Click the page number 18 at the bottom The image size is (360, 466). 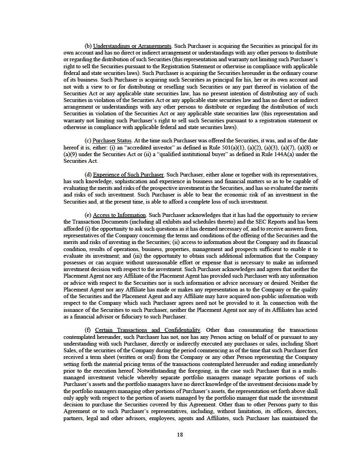click(180, 434)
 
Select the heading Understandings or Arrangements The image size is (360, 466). click(132, 46)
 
